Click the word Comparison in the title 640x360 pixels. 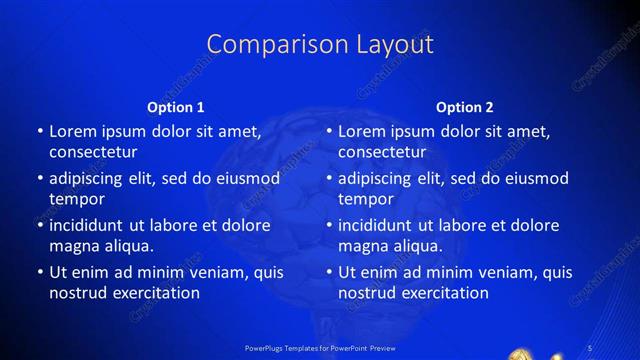tap(264, 45)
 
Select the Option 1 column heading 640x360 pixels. tap(176, 107)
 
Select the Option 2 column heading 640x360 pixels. tap(465, 107)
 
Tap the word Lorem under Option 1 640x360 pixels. tap(72, 131)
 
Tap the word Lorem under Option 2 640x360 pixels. tap(361, 131)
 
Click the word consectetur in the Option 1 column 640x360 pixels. tap(93, 152)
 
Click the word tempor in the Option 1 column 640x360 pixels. tap(77, 199)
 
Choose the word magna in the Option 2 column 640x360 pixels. tap(362, 246)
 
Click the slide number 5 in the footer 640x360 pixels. tap(592, 347)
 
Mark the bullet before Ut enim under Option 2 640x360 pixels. tap(330, 272)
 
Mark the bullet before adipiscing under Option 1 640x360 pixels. tap(40, 178)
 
